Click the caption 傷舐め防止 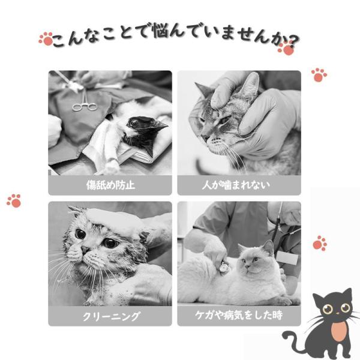tap(110, 185)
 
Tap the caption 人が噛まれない tap(236, 185)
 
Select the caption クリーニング tap(110, 316)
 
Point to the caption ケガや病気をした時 tap(239, 315)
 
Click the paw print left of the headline tap(46, 38)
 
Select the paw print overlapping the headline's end tap(286, 48)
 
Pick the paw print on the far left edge tap(14, 201)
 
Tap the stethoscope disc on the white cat tap(224, 268)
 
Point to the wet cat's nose tap(85, 250)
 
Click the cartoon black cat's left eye tap(328, 309)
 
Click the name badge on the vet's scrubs tap(287, 257)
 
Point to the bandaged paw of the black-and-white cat tap(111, 166)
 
